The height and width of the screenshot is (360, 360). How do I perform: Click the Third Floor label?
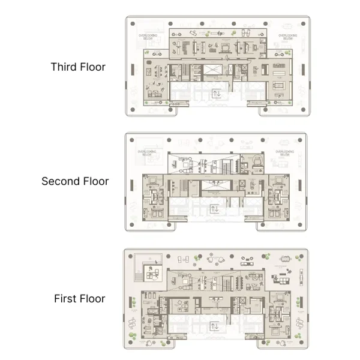[78, 67]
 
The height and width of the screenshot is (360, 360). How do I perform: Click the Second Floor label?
[75, 181]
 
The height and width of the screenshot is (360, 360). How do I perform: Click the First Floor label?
[79, 298]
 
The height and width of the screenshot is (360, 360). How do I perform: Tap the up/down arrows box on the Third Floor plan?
[216, 94]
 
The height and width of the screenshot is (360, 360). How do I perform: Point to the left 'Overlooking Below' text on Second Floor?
[148, 153]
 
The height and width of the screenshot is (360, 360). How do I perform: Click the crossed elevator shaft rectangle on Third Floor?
[215, 71]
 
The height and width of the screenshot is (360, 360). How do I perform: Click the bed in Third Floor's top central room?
[224, 46]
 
